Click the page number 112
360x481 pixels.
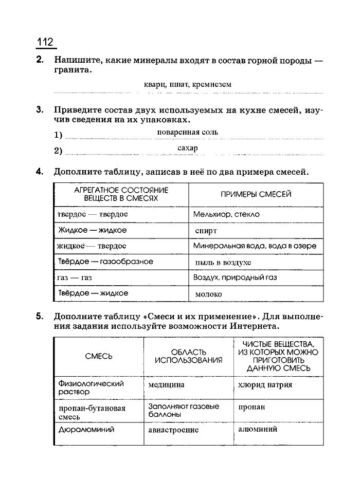(x=45, y=42)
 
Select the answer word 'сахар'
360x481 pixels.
(x=187, y=148)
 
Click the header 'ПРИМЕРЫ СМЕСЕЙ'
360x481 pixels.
(x=256, y=194)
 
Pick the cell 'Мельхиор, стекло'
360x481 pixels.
(x=226, y=214)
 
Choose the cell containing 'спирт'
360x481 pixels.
(x=206, y=231)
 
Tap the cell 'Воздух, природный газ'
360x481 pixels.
(x=235, y=277)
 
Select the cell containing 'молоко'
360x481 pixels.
(x=209, y=294)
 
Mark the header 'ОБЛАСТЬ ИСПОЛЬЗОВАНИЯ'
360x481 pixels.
(x=188, y=356)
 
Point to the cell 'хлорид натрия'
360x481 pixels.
(x=265, y=384)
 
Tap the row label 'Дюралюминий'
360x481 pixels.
(x=86, y=430)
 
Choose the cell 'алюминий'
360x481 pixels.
(x=258, y=429)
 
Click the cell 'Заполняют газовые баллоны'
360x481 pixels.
(x=183, y=410)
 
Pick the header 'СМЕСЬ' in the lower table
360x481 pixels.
(x=98, y=356)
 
